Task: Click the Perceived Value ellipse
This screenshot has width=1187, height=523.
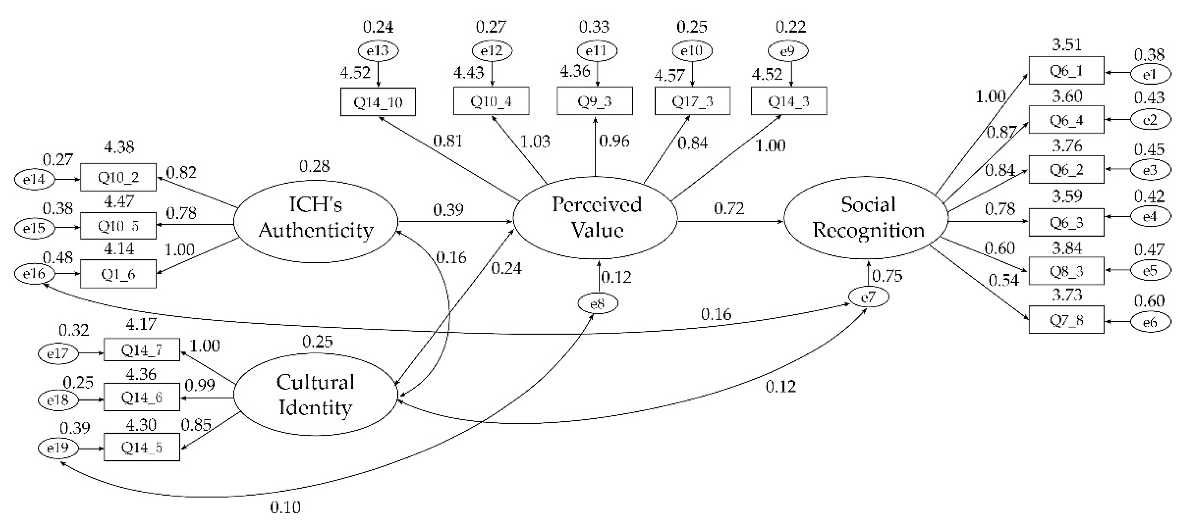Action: click(595, 218)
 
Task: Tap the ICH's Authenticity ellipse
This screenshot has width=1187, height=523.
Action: click(316, 222)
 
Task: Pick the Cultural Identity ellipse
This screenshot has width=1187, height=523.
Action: click(316, 395)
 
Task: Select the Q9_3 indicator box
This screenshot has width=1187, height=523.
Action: click(594, 101)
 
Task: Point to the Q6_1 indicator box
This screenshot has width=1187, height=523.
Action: click(1066, 71)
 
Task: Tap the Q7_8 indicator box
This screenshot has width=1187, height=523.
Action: click(1066, 319)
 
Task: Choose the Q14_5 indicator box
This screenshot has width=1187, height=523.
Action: click(142, 447)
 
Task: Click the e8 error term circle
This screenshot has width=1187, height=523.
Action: click(597, 304)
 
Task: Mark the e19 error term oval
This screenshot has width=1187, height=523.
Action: click(58, 447)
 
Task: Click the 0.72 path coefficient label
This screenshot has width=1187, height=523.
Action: click(729, 209)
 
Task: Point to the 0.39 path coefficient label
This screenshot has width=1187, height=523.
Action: click(448, 210)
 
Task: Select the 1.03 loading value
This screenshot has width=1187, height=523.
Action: click(535, 141)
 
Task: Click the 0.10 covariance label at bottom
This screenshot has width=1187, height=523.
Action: click(285, 508)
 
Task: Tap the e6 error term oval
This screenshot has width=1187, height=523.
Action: click(1150, 322)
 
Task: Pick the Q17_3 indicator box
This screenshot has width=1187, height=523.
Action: click(692, 101)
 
